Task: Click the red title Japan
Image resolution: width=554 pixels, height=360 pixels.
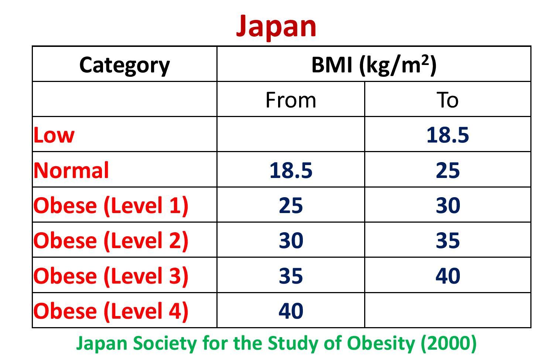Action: pos(276,26)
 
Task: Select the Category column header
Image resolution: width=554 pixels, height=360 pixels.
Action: pos(124,65)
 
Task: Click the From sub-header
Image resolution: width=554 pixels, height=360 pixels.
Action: pos(291,100)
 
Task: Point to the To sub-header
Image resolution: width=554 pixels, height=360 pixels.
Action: pos(447,100)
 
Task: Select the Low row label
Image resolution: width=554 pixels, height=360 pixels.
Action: pos(54,135)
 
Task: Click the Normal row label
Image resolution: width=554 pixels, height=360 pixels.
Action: pos(71,170)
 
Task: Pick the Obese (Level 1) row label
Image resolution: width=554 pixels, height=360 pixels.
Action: pos(111,205)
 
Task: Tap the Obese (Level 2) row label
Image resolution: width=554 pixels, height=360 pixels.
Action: pos(111,240)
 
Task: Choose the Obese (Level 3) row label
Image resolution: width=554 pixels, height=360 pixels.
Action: pos(111,276)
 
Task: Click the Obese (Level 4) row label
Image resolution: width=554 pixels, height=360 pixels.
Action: pos(111,311)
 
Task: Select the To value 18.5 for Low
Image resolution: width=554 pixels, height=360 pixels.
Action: pos(447,135)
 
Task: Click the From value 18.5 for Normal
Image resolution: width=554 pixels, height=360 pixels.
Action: pos(291,170)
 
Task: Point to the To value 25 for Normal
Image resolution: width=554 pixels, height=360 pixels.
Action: pos(447,170)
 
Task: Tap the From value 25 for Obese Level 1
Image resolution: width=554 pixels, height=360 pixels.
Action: pos(291,205)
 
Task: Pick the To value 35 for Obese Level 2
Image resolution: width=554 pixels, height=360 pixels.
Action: pos(447,240)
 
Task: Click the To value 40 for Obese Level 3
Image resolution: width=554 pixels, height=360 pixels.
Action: pos(447,276)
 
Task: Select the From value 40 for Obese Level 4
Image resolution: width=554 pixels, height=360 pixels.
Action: pos(291,311)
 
